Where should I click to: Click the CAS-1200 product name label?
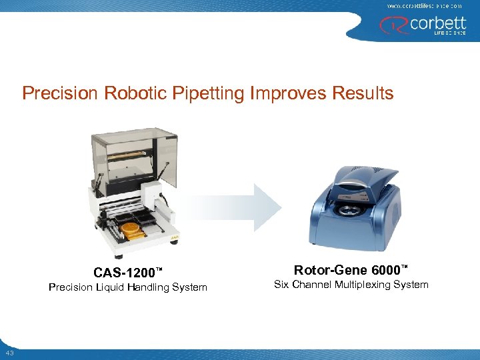[127, 272]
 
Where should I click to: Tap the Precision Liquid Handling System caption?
[127, 287]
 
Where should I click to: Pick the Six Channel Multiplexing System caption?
[351, 285]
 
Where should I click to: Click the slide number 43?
[10, 353]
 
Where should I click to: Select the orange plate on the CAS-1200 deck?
[131, 228]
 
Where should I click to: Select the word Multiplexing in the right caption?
[362, 285]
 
